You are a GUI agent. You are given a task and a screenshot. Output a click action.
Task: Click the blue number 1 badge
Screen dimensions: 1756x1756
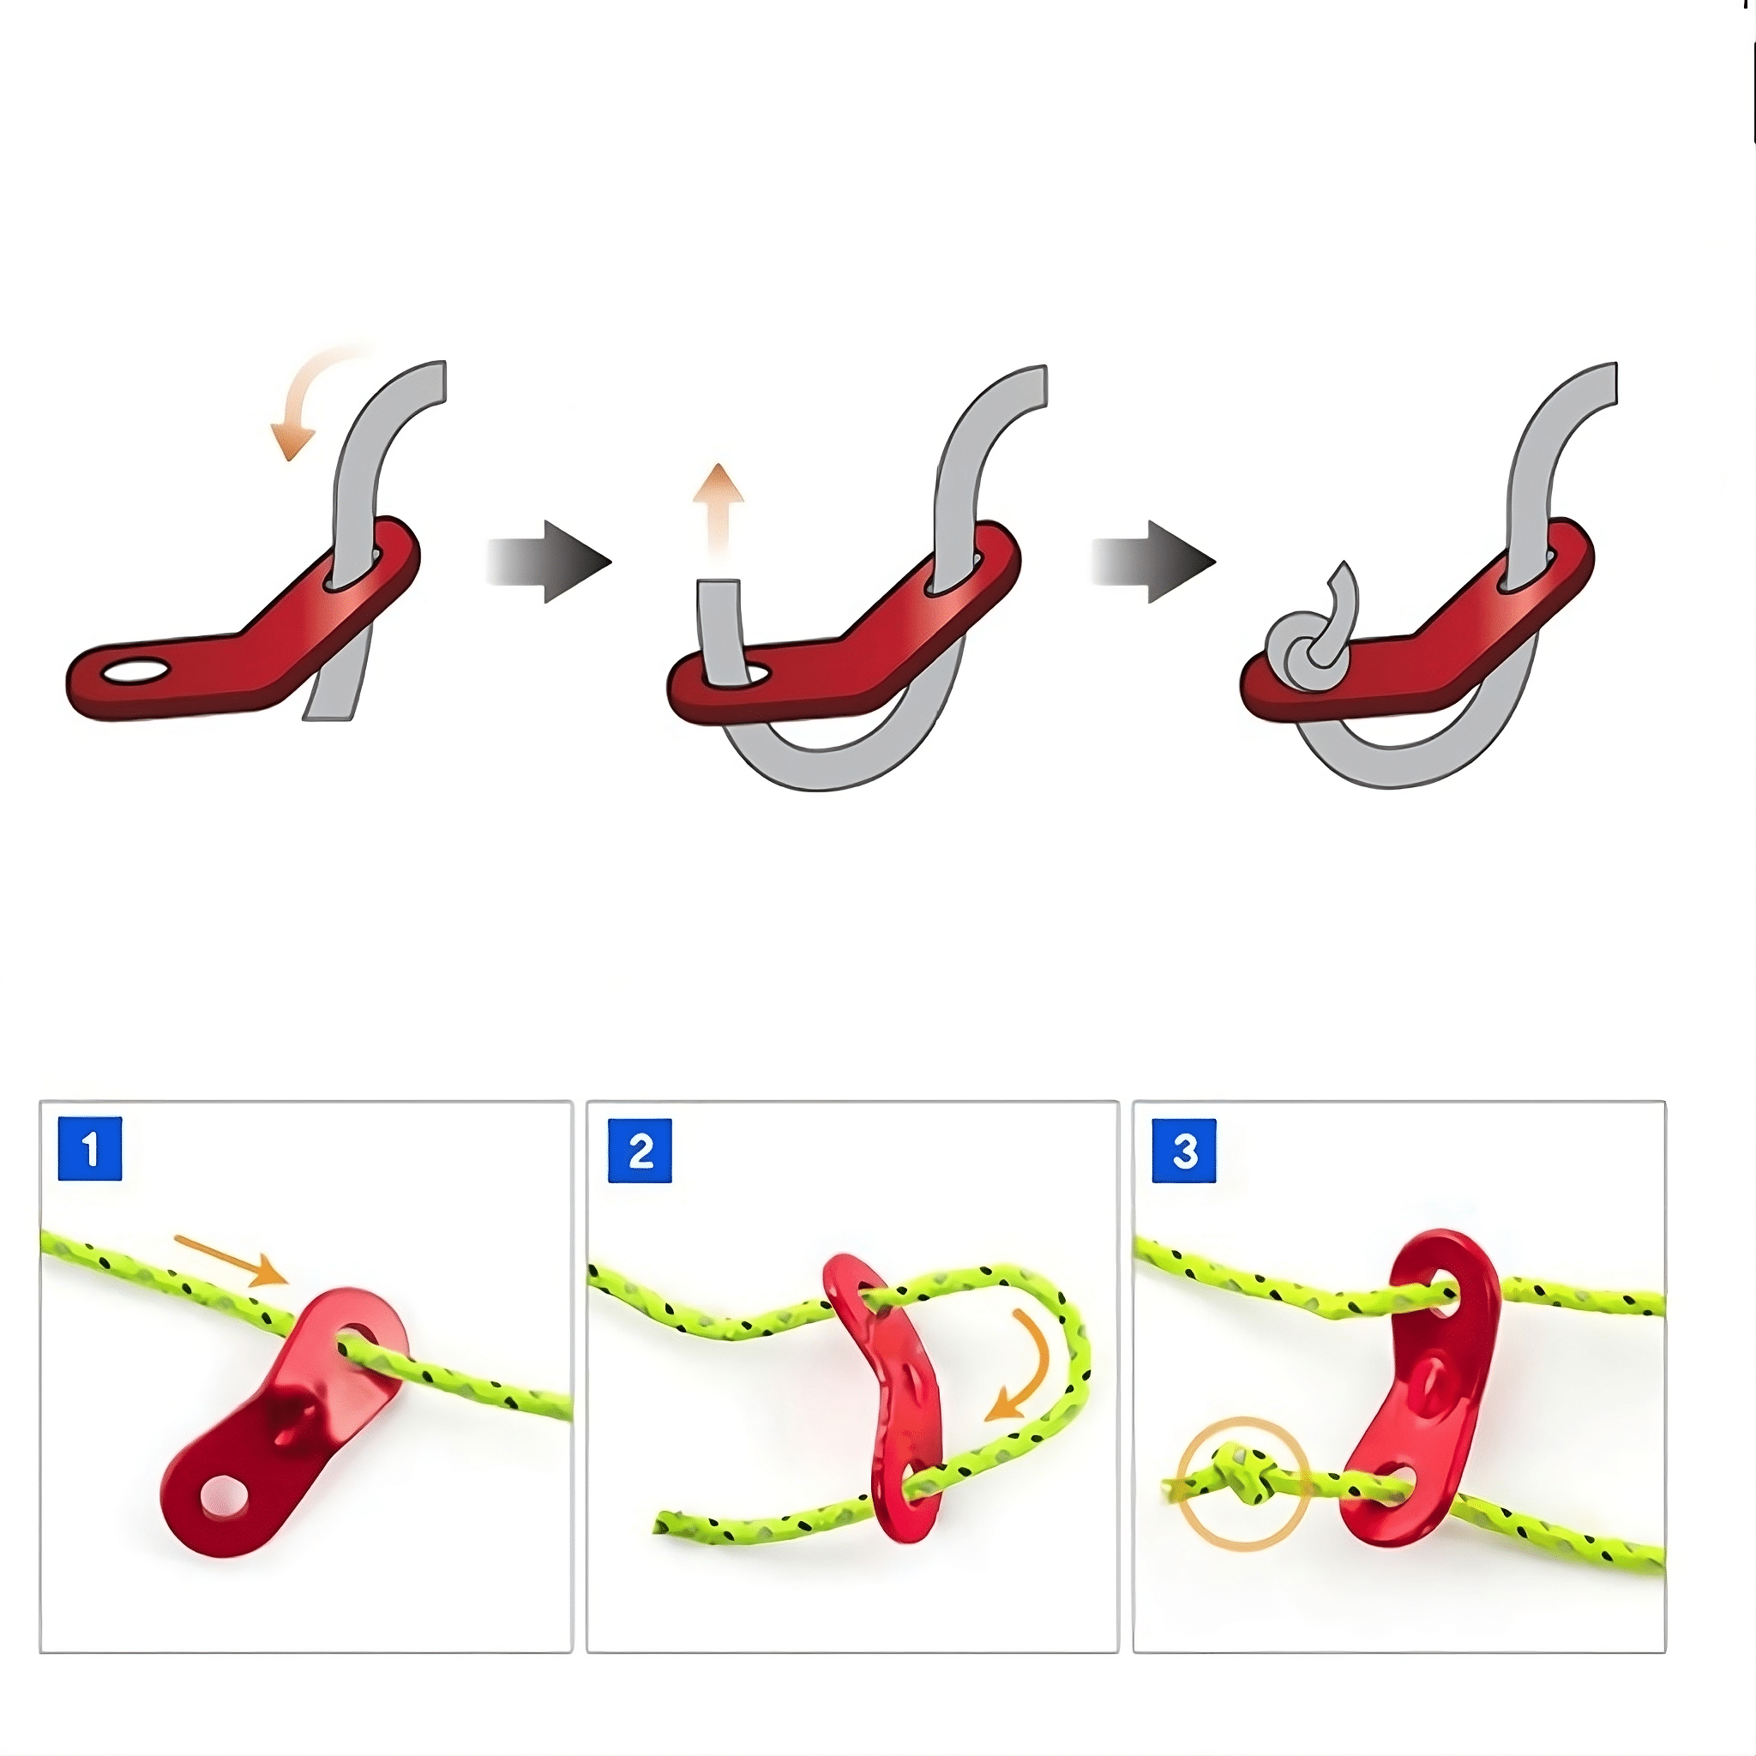pos(90,1149)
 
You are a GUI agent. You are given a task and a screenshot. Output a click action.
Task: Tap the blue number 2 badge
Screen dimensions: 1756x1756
pos(640,1151)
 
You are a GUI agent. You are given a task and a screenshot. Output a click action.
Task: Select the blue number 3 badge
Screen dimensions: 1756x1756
pos(1184,1151)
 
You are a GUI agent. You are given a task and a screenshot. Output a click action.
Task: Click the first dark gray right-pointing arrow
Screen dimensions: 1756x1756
pos(549,562)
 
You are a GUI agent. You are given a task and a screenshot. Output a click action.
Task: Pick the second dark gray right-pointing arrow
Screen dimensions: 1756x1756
pos(1153,562)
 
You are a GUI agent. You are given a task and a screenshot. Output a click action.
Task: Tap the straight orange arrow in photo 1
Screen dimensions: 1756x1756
pos(231,1260)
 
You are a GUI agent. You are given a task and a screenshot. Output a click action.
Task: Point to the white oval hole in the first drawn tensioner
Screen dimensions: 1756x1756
pos(135,672)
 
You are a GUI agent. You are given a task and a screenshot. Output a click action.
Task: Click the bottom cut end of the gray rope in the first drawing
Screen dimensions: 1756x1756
pos(328,717)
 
